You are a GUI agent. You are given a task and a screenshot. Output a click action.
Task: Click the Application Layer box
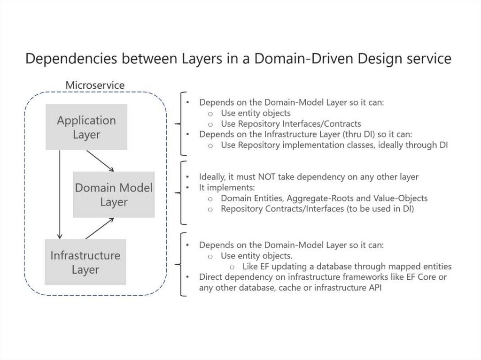[86, 127]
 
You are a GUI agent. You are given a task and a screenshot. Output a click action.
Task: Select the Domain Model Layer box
[113, 195]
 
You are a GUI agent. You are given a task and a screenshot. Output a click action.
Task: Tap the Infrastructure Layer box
[85, 262]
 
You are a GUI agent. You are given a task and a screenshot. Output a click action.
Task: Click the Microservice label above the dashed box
[95, 85]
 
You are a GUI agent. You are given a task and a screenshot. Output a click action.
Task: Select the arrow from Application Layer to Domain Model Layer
[100, 161]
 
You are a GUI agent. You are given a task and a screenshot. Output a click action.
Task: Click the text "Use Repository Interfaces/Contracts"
[291, 124]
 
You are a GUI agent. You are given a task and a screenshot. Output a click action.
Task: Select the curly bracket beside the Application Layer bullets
[179, 124]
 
